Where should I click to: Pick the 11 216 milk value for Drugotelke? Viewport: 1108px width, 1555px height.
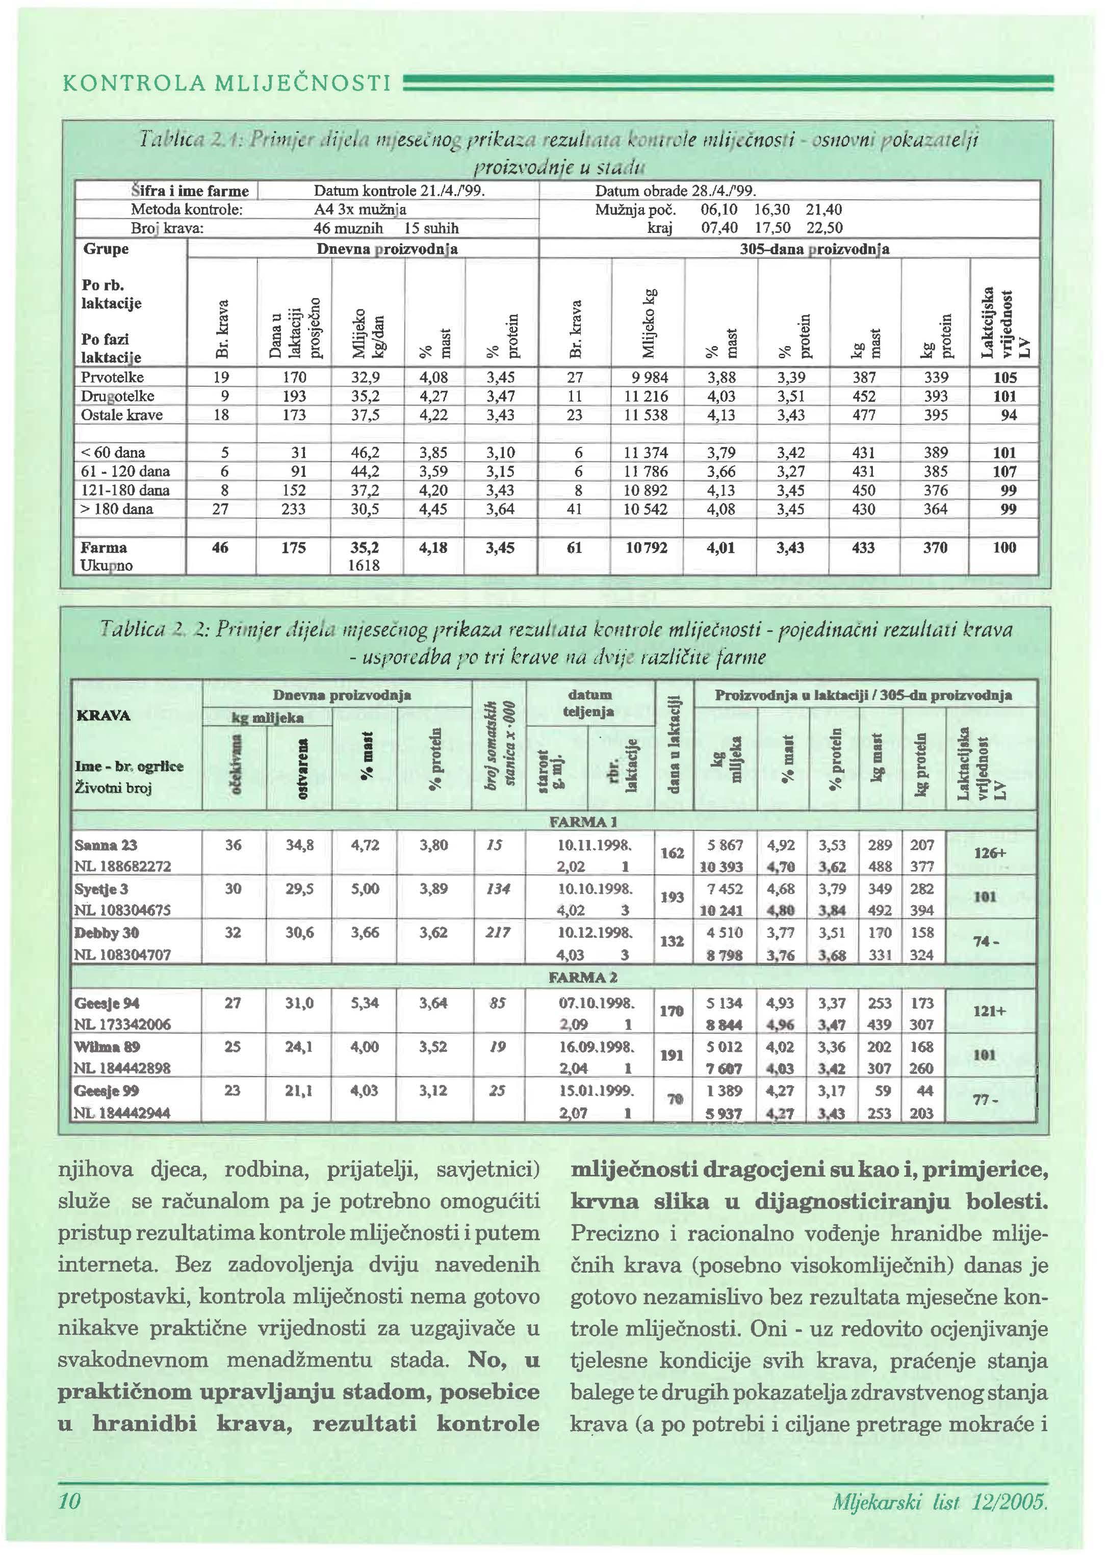click(647, 396)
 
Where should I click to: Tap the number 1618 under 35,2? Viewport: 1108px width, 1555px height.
click(366, 565)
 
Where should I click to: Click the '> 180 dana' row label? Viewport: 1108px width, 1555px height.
click(117, 509)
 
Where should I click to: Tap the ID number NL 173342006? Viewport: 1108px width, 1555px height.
click(123, 1024)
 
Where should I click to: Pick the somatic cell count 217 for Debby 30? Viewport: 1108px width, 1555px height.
click(497, 932)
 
